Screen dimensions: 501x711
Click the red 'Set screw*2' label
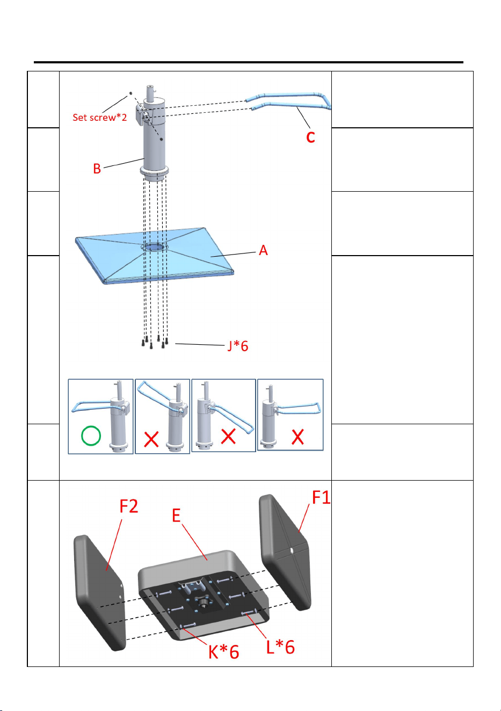(100, 118)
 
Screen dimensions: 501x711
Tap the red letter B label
(97, 169)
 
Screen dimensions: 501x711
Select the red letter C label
(310, 137)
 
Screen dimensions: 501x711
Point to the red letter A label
(263, 250)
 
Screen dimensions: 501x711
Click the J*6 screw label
(238, 346)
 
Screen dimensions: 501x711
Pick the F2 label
(128, 506)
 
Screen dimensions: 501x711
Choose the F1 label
(321, 497)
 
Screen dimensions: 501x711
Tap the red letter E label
(176, 515)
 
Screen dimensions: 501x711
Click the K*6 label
(223, 652)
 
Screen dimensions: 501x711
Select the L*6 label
(280, 647)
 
